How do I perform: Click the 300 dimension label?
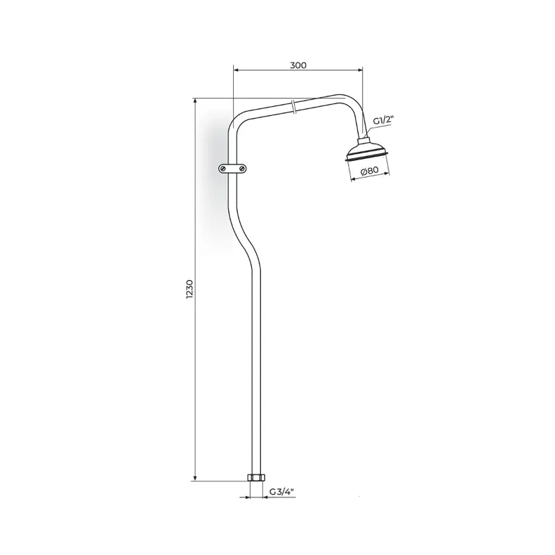[x=298, y=65]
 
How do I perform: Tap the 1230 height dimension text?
[x=189, y=289]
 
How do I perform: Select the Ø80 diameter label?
[x=370, y=171]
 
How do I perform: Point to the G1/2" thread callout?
[x=384, y=121]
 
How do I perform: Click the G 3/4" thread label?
[x=282, y=492]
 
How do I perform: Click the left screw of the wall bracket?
[x=223, y=169]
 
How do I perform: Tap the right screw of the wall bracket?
[x=242, y=169]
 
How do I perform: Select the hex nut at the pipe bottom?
[x=256, y=477]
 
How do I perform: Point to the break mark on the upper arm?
[x=293, y=107]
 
